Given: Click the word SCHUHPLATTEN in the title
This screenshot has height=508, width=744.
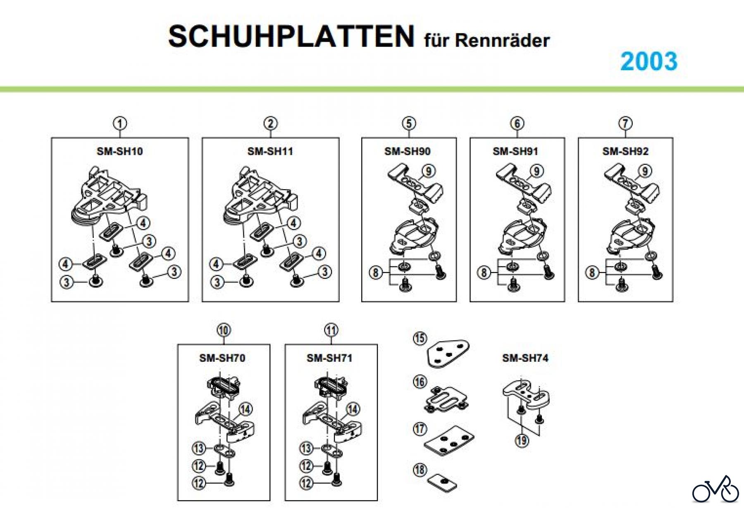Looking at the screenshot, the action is [291, 36].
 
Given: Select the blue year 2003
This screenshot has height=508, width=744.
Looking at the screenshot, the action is [649, 61].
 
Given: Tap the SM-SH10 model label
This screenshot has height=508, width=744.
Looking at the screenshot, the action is [120, 151].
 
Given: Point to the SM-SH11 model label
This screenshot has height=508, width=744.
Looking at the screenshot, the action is [270, 151].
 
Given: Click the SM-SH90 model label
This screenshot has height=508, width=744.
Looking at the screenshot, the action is [408, 151].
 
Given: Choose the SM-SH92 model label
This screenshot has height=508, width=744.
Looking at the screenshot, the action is [625, 151].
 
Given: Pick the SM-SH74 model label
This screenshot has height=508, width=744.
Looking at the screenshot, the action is [525, 358].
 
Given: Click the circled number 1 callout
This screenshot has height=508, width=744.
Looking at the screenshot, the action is [120, 123].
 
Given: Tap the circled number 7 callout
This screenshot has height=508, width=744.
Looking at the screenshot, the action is [625, 123].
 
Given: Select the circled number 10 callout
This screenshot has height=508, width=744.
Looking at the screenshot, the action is [224, 330].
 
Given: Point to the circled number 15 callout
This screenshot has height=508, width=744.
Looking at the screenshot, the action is [420, 339].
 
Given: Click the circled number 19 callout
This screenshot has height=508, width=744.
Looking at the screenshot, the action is [522, 440].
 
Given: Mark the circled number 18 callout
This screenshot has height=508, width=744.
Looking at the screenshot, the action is [420, 470].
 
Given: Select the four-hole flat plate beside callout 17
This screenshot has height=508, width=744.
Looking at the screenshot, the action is [449, 440].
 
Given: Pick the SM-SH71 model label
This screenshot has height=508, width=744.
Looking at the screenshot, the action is [329, 358].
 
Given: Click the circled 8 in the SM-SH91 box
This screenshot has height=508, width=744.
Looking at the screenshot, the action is [484, 272].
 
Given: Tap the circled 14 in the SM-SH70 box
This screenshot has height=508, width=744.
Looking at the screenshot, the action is [246, 409].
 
